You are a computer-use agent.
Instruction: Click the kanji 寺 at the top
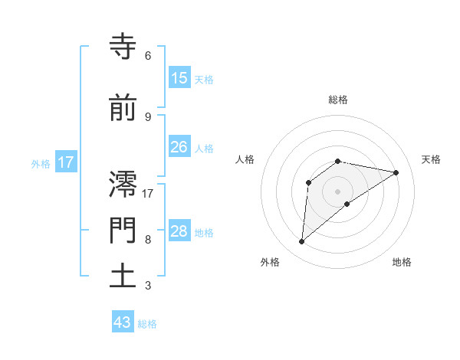(x=123, y=47)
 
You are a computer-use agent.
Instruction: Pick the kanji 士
(x=123, y=277)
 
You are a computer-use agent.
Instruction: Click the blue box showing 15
(x=179, y=77)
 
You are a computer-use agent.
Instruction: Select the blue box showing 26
(x=179, y=147)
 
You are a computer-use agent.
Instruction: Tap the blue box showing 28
(x=179, y=231)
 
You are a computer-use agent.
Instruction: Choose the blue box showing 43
(x=123, y=322)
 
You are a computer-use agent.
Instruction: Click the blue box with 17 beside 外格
(x=65, y=162)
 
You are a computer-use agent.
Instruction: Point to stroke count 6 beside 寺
(x=148, y=56)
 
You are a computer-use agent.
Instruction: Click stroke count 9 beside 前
(x=148, y=116)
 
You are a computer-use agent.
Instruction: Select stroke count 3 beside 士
(x=148, y=286)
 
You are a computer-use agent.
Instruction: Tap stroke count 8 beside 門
(x=148, y=240)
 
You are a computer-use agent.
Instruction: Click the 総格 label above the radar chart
(x=338, y=100)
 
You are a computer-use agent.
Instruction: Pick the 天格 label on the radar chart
(x=432, y=159)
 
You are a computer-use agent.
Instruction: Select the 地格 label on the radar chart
(x=402, y=262)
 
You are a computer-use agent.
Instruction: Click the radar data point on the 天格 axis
(x=396, y=172)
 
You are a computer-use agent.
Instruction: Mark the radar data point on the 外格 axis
(x=302, y=242)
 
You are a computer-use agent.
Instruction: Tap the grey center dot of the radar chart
(x=338, y=191)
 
